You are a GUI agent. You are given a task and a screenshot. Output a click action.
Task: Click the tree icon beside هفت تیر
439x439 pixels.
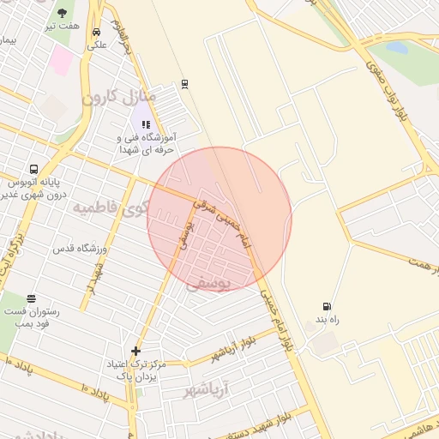click(63, 12)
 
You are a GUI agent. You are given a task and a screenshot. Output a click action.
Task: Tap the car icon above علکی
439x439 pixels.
click(95, 33)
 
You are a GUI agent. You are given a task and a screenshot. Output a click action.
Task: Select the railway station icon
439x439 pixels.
click(183, 84)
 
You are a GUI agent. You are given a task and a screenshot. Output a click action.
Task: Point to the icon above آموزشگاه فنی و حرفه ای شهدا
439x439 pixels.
click(145, 124)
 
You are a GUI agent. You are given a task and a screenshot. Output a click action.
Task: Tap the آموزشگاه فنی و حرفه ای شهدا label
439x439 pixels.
click(146, 143)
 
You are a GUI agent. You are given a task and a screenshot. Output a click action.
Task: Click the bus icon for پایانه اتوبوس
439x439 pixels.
click(33, 169)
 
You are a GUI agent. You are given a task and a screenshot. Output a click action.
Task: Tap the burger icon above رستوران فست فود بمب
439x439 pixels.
click(32, 298)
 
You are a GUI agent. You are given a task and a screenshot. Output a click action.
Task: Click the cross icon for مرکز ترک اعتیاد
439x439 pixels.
click(135, 351)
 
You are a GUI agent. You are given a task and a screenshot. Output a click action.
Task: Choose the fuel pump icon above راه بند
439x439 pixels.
click(326, 306)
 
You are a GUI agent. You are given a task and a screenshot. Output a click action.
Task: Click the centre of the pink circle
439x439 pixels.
click(219, 219)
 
